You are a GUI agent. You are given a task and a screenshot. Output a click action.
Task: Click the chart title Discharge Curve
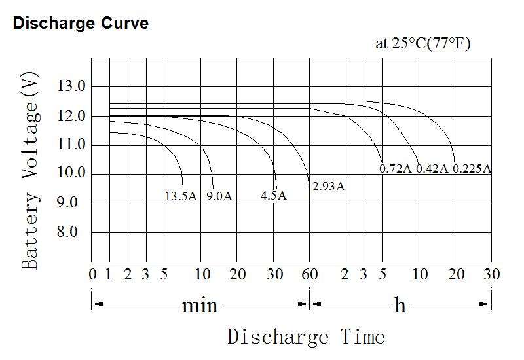click(81, 24)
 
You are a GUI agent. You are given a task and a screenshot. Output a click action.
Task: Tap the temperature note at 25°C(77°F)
click(422, 44)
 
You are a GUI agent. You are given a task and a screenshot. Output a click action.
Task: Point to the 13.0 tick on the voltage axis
click(72, 86)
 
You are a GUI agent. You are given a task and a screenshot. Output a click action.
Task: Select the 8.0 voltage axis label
click(72, 232)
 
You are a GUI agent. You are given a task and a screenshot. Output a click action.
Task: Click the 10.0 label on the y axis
click(72, 173)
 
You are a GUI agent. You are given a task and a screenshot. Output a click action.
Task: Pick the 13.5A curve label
click(181, 196)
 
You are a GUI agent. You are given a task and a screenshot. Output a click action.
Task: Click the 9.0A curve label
click(219, 196)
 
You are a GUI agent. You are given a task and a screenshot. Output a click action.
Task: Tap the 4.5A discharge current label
click(273, 196)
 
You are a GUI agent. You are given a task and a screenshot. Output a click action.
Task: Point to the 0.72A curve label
click(396, 169)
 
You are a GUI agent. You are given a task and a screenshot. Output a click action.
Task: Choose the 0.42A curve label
click(432, 169)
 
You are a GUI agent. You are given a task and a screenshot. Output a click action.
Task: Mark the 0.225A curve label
click(472, 169)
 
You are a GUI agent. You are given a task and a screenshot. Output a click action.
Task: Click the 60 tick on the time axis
click(309, 274)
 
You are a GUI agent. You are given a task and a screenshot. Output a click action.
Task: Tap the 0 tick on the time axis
click(92, 274)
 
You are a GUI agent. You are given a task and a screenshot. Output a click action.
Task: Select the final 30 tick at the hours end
click(491, 274)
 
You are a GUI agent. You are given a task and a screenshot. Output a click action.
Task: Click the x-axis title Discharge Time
click(306, 337)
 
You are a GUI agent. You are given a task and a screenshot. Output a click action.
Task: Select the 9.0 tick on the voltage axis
click(72, 203)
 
